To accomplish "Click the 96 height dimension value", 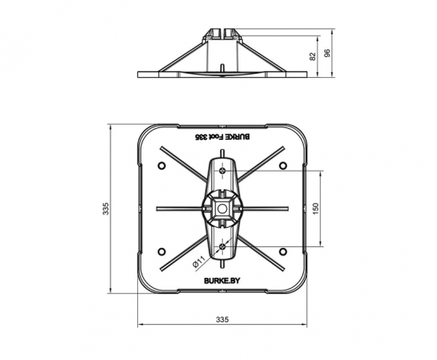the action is [x=328, y=53].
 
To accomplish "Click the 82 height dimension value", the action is [x=313, y=56].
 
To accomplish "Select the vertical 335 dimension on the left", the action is [x=105, y=208].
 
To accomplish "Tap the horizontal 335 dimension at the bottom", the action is [x=223, y=319].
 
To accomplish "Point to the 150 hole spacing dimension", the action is [x=316, y=208].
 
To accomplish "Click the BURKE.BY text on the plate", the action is [x=222, y=280].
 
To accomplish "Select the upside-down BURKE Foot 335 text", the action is [x=222, y=136].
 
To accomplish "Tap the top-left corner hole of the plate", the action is [x=162, y=166].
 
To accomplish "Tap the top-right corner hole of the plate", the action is [x=283, y=166].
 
